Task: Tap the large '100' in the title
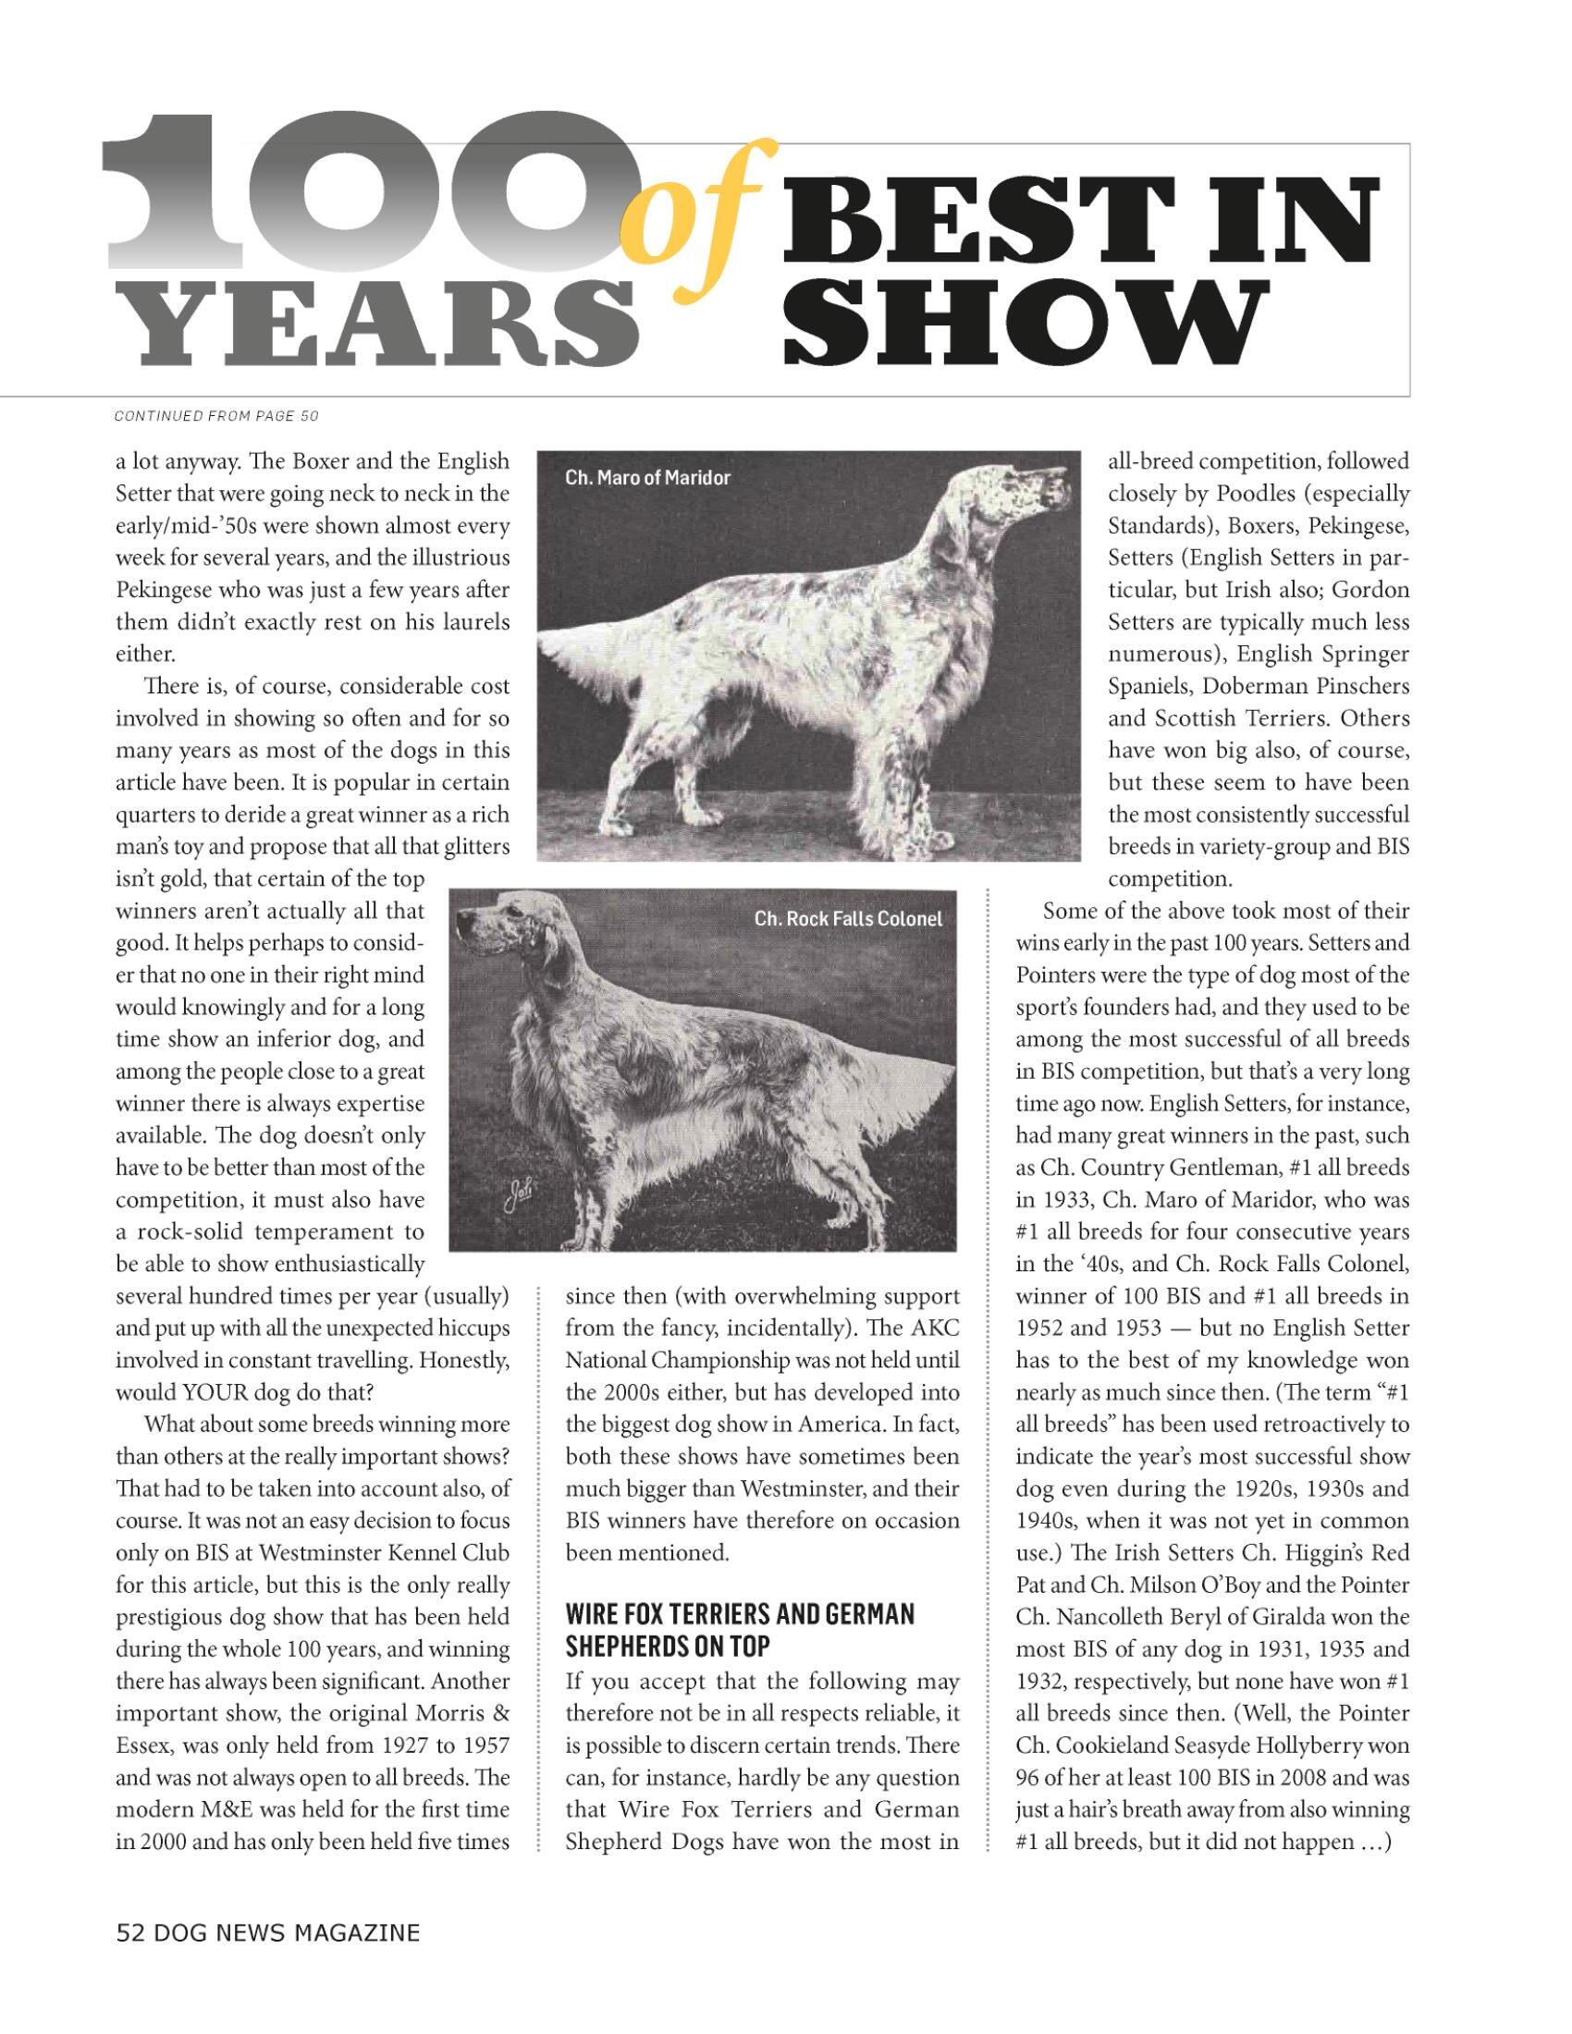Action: coord(373,191)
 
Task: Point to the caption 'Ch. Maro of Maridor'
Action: coord(647,478)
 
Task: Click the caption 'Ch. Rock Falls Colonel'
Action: coord(847,919)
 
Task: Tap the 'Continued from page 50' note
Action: coord(216,415)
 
